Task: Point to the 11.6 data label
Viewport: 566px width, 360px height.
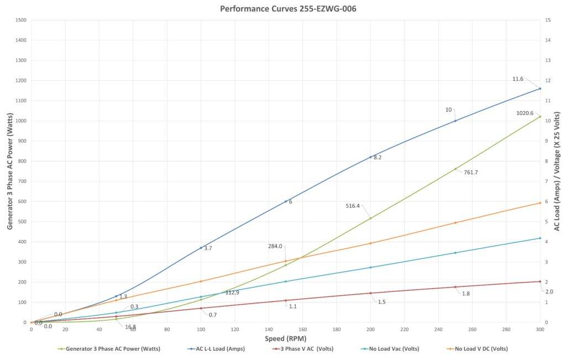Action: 517,79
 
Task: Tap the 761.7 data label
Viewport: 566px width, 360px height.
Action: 470,173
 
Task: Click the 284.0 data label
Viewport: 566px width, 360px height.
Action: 275,246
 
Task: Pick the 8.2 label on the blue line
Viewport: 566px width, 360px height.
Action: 378,158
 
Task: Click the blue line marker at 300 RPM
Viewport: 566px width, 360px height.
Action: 540,88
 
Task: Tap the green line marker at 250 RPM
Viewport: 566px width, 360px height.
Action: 455,169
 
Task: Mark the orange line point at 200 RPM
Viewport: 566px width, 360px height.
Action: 370,243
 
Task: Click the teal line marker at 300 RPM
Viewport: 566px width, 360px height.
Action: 540,238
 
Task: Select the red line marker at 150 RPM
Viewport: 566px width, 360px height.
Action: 286,300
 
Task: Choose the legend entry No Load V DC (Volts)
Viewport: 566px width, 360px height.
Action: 480,349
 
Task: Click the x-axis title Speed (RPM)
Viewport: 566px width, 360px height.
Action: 286,338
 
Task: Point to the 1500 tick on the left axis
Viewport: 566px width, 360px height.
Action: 21,20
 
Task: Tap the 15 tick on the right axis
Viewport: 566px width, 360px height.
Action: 547,20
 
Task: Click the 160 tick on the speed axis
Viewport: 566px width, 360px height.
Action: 303,329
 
